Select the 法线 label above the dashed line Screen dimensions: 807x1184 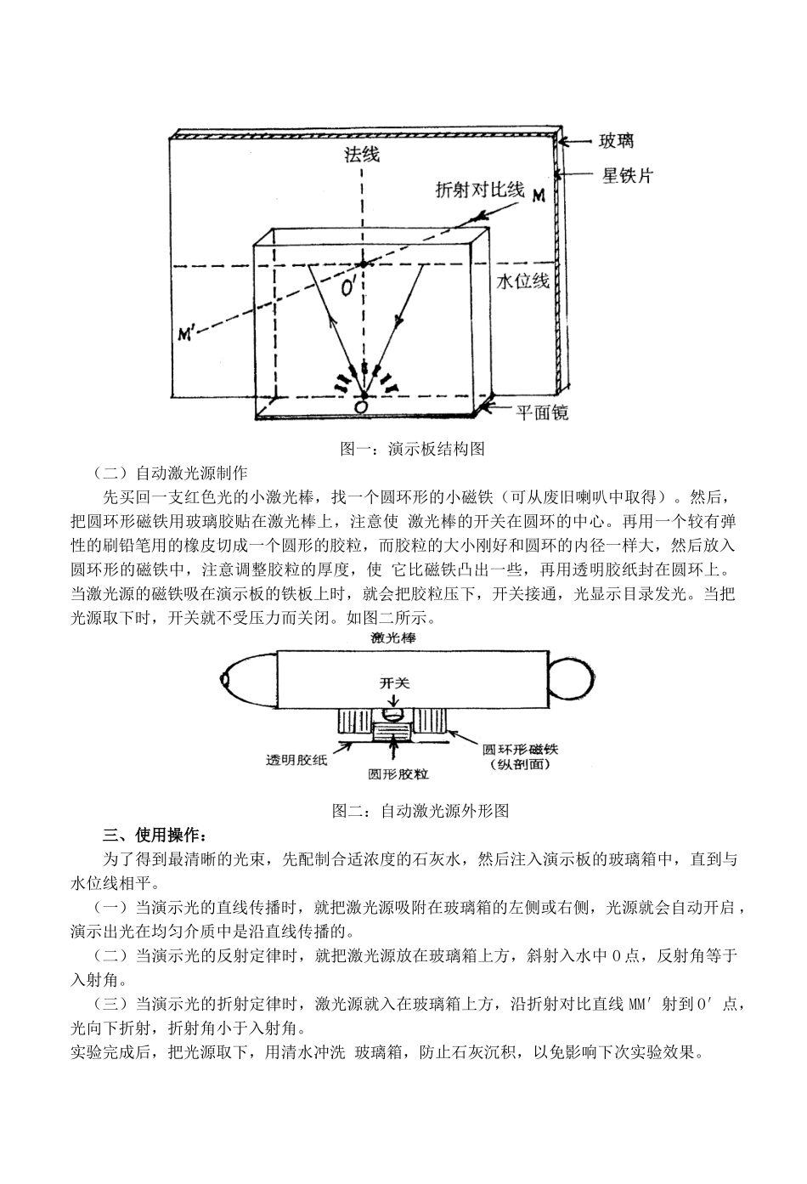[x=361, y=155]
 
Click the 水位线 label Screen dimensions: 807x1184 [x=523, y=281]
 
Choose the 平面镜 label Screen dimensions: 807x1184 [x=542, y=414]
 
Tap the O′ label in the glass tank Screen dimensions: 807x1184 [x=348, y=291]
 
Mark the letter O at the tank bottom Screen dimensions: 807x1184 [x=361, y=408]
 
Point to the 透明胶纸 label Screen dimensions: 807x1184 [x=296, y=760]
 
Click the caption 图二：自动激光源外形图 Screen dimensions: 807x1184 [x=420, y=810]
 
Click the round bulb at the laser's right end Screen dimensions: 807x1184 [x=567, y=677]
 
